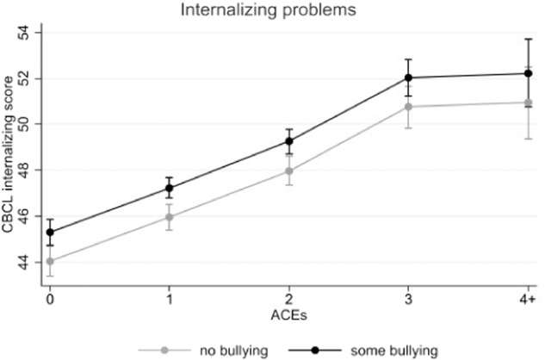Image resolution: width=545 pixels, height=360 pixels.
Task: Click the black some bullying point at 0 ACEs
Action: coord(50,232)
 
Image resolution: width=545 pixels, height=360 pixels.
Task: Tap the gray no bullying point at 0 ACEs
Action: coord(50,261)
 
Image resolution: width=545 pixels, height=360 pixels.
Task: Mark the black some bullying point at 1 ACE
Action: coord(170,188)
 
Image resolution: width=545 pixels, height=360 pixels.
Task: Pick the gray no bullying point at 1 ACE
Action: coord(170,217)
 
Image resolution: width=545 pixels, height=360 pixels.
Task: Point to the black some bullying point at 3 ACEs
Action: coord(408,78)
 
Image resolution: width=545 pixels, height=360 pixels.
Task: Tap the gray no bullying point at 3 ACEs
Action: coord(408,107)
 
